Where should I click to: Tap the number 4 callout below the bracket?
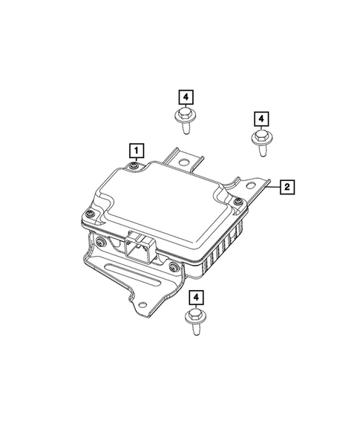pyautogui.click(x=196, y=298)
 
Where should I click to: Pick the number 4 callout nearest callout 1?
pyautogui.click(x=184, y=96)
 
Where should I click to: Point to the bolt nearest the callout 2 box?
pyautogui.click(x=261, y=142)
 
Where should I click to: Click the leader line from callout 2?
pyautogui.click(x=274, y=187)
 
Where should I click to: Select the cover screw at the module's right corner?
pyautogui.click(x=237, y=201)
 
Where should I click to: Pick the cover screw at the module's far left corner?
pyautogui.click(x=88, y=214)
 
